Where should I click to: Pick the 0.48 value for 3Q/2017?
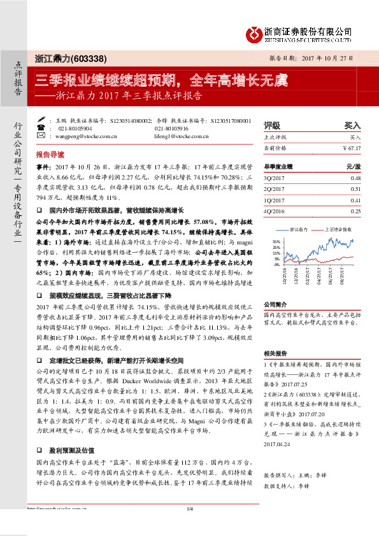coord(355,178)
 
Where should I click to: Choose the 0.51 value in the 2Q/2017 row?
coord(355,189)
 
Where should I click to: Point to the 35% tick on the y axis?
coord(276,242)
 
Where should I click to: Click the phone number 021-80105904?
coord(75,128)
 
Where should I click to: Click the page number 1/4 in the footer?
coord(189,526)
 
